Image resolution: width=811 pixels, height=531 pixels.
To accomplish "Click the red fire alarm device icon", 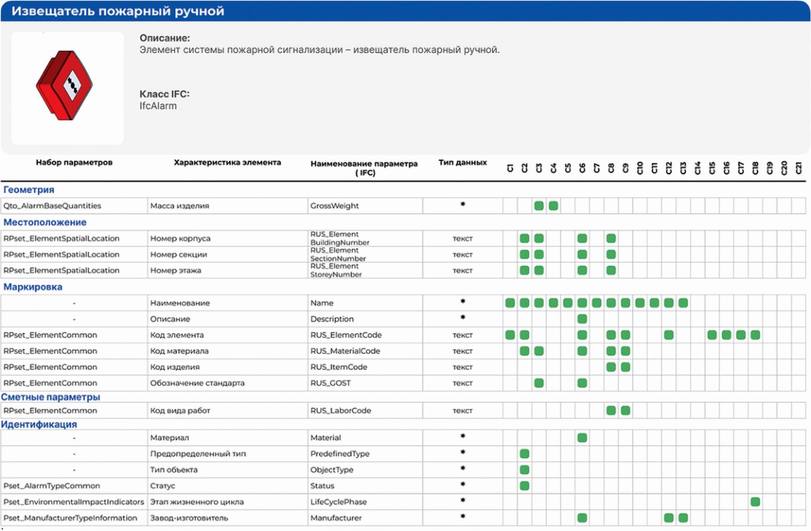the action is tap(64, 85).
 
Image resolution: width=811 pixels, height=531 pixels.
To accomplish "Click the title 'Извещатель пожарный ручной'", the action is tap(117, 11).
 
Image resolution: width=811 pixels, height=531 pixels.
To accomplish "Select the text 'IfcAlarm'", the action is tap(158, 106).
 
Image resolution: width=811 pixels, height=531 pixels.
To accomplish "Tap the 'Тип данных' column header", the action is tap(463, 162).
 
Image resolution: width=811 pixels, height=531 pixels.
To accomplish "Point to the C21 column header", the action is tap(798, 168).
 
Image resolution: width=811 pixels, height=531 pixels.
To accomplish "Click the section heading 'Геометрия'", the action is tap(29, 190).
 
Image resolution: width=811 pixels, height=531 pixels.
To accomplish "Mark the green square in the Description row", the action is tap(582, 318).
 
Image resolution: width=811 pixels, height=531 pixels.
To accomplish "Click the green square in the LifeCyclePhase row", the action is tap(755, 502).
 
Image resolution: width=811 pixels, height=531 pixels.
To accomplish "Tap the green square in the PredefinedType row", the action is tap(524, 454).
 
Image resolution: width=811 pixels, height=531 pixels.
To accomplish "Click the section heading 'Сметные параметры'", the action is tap(50, 397).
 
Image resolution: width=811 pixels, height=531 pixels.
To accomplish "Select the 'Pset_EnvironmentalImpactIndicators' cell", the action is tap(74, 502).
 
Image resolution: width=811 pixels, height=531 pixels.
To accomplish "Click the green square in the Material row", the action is tap(582, 438).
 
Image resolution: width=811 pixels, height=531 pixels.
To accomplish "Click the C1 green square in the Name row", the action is tap(510, 303).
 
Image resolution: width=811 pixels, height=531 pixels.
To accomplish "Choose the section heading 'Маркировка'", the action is tap(33, 287).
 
